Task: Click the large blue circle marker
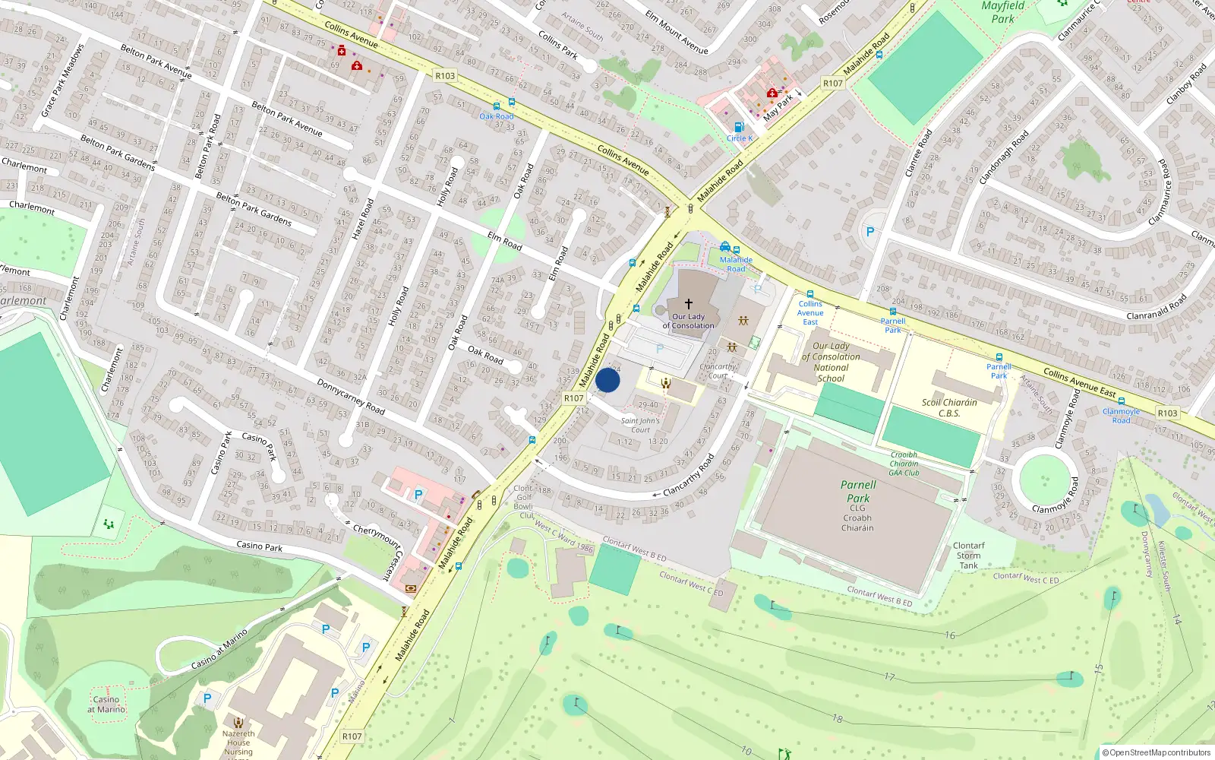[607, 380]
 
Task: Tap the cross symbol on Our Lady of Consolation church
[689, 303]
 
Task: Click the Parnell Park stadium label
[858, 492]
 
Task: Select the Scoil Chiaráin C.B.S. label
[949, 408]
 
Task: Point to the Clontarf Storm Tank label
[968, 556]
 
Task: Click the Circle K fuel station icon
[738, 128]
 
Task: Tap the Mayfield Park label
[1002, 12]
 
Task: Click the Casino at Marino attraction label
[106, 705]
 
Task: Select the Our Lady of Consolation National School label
[831, 362]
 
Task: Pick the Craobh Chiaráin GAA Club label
[904, 464]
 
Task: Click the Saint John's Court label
[640, 425]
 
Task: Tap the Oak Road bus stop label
[497, 116]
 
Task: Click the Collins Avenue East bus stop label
[810, 312]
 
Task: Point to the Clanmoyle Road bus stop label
[1121, 416]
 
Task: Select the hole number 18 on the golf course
[837, 718]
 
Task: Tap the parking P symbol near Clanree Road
[870, 232]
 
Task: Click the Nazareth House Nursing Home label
[238, 743]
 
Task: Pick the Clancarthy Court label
[718, 371]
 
